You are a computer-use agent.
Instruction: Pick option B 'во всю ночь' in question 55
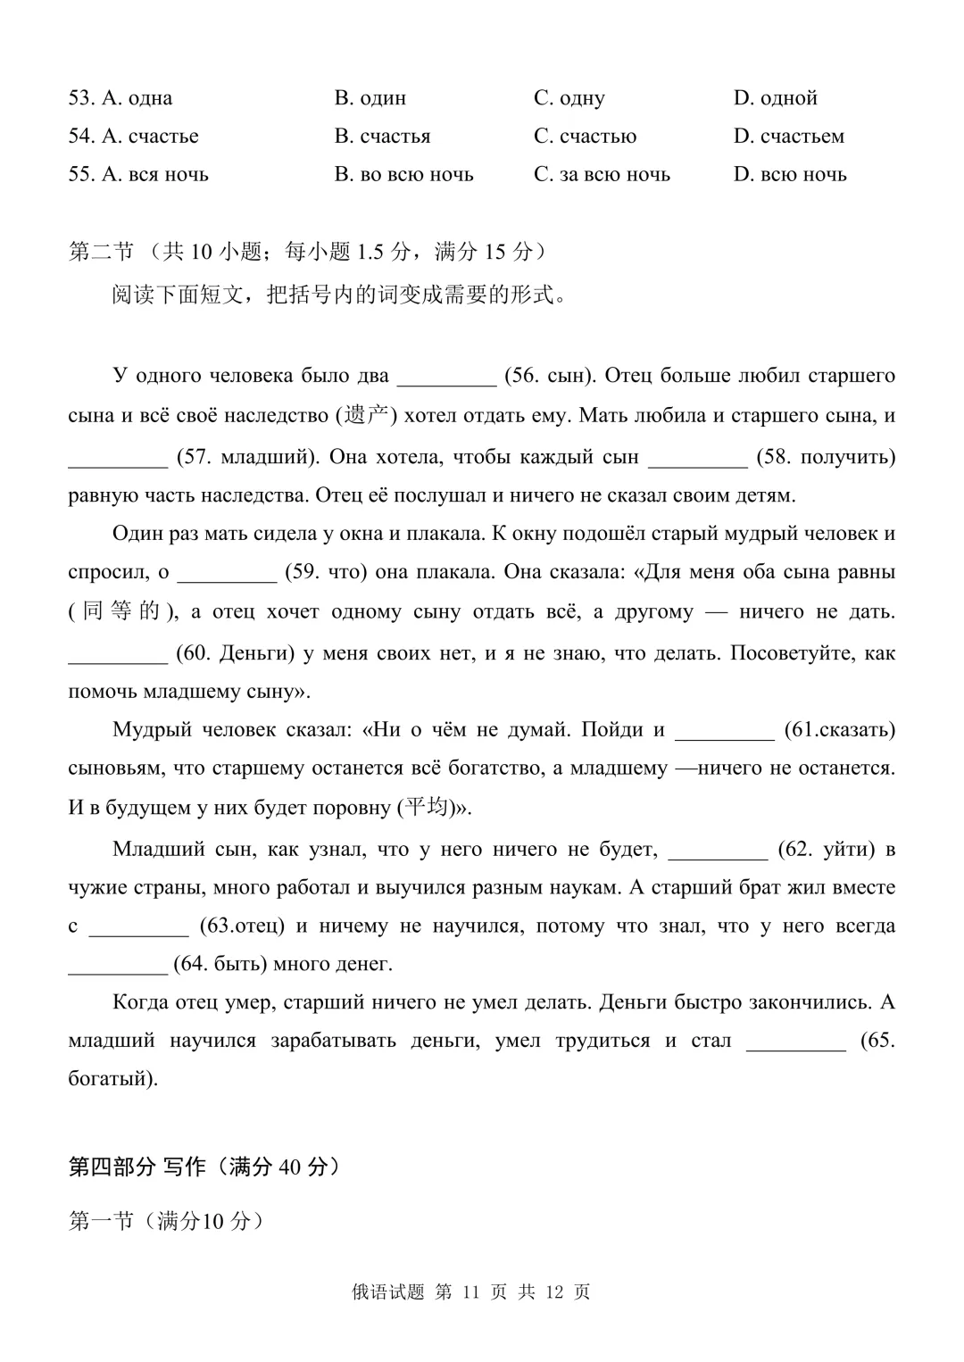(x=403, y=175)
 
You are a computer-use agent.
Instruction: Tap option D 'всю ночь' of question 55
(x=790, y=175)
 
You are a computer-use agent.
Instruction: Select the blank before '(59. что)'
(x=227, y=574)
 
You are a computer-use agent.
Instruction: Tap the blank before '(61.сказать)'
(x=724, y=732)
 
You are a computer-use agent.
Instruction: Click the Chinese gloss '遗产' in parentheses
(x=366, y=416)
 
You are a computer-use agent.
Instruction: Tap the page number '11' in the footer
(x=472, y=1292)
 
